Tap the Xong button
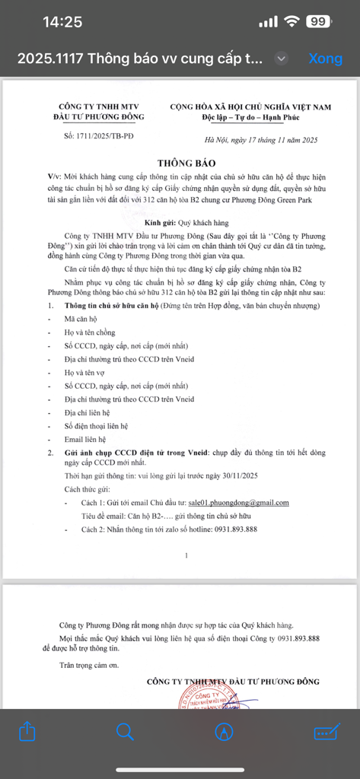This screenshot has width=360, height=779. point(325,59)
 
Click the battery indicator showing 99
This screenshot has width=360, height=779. point(317,22)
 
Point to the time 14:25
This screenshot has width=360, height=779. point(62,22)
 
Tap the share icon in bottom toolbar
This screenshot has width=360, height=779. point(27,731)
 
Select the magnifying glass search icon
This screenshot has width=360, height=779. point(125,731)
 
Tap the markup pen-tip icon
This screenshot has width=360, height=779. point(224,731)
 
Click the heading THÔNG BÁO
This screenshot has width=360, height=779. point(186,163)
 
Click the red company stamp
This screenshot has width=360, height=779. point(204,704)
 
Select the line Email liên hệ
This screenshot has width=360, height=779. point(85,439)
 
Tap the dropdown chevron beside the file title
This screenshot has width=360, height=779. point(282,59)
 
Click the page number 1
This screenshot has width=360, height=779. point(186,555)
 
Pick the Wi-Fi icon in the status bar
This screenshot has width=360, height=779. point(290,22)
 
